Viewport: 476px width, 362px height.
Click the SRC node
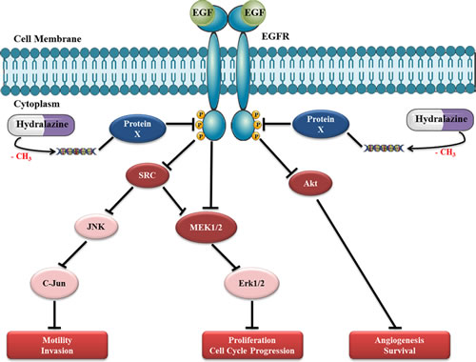pos(148,175)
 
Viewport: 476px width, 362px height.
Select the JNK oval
pos(96,227)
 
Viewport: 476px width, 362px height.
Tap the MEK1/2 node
pos(206,228)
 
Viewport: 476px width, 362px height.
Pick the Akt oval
pos(310,183)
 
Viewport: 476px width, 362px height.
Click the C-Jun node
pos(54,283)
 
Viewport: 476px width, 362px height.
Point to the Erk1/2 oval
pos(251,283)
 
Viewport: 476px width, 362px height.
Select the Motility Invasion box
pos(57,345)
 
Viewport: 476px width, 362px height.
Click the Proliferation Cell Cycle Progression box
pos(252,345)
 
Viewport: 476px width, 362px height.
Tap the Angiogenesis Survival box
pos(400,345)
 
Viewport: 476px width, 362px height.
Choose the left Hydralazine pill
pos(41,125)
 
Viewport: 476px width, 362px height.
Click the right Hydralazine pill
pos(440,120)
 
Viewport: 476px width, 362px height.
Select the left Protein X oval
pos(137,129)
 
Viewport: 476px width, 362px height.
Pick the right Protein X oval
pos(321,124)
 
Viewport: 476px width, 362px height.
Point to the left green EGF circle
pos(203,12)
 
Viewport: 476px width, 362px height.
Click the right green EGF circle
pos(253,12)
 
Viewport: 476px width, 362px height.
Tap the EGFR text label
pos(275,37)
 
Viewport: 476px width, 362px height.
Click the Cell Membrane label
pos(48,39)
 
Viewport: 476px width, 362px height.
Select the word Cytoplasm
pos(36,104)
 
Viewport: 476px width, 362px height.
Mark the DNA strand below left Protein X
pos(76,151)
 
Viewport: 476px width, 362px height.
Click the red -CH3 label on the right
pos(446,152)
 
